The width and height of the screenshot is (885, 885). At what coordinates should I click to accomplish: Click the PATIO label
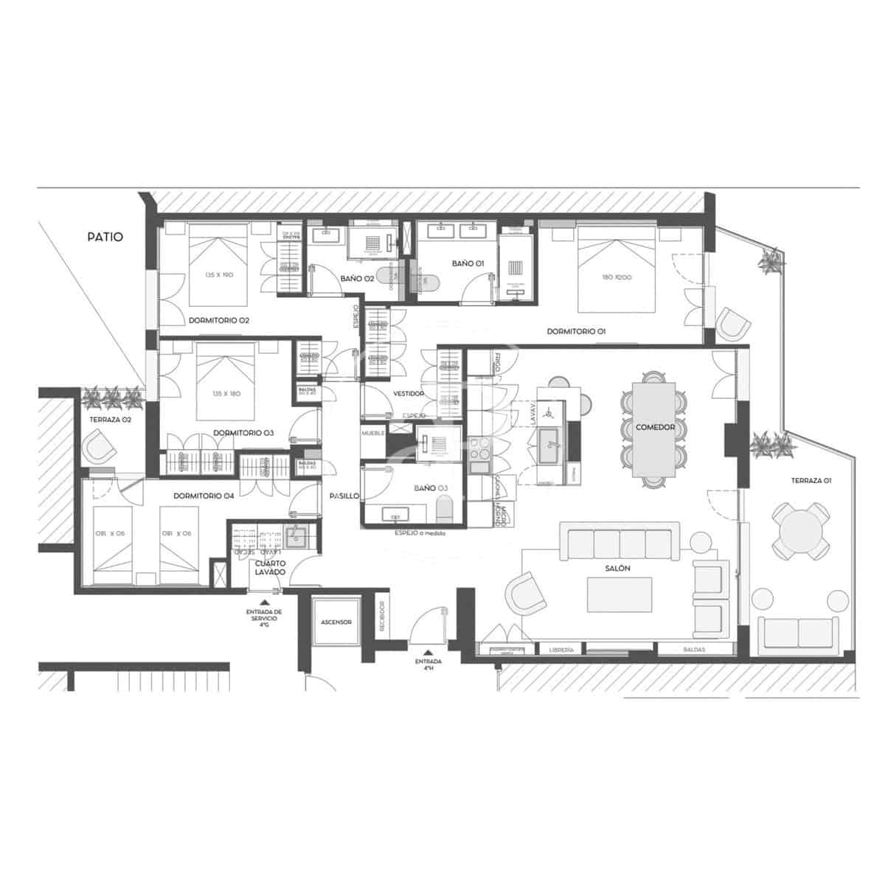pyautogui.click(x=105, y=237)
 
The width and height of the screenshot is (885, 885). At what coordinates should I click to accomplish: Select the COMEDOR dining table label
pyautogui.click(x=650, y=426)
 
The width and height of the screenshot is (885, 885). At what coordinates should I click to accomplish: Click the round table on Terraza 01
pyautogui.click(x=799, y=530)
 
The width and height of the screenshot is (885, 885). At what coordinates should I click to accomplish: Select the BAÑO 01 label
pyautogui.click(x=468, y=263)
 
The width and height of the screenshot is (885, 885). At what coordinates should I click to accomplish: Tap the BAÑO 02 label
pyautogui.click(x=356, y=279)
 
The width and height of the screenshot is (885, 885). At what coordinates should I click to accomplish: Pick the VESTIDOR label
pyautogui.click(x=408, y=394)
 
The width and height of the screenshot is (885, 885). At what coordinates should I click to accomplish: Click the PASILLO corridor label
pyautogui.click(x=344, y=496)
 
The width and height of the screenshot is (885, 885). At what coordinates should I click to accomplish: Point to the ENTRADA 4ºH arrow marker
pyautogui.click(x=428, y=653)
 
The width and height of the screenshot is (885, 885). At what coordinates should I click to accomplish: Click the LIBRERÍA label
pyautogui.click(x=562, y=650)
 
